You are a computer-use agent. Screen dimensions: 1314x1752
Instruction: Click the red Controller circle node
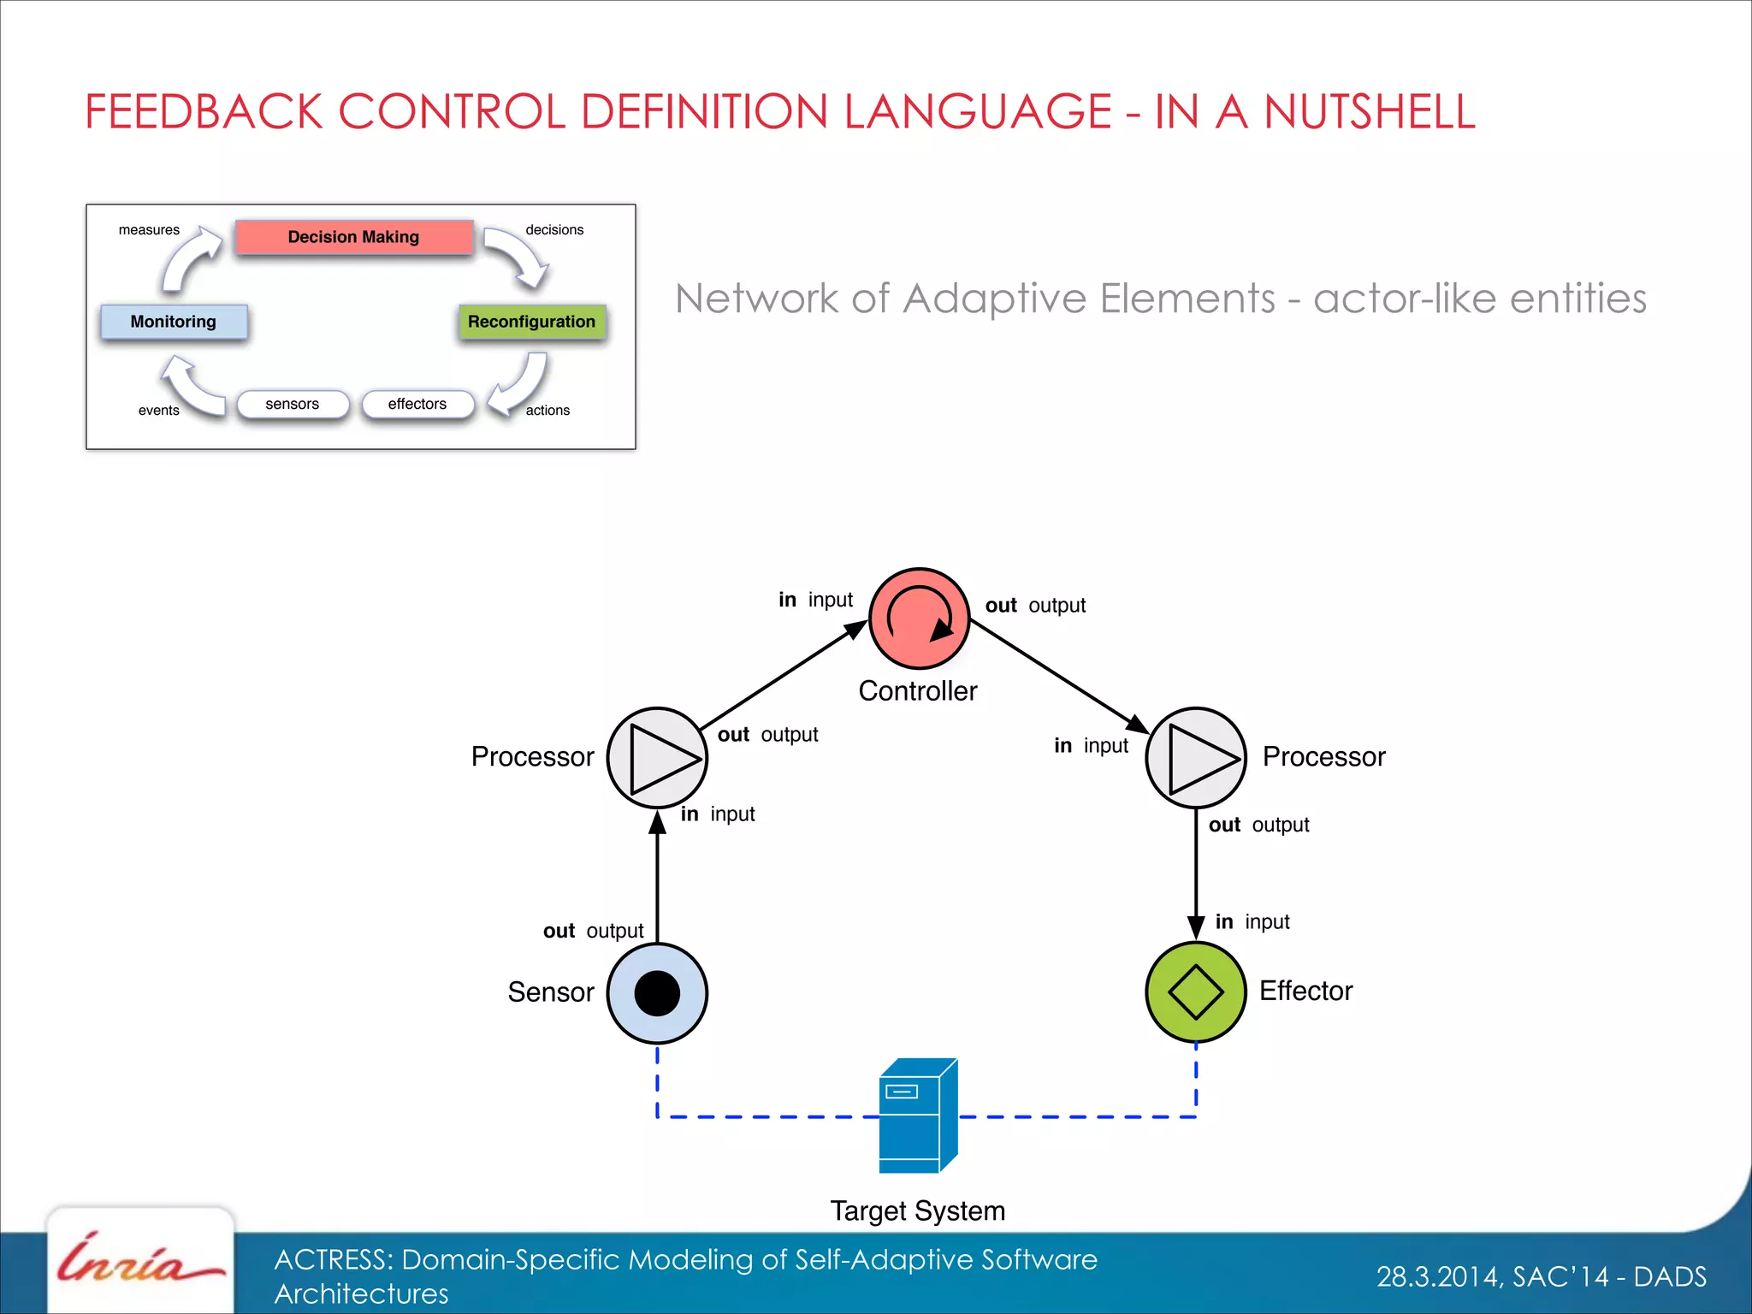[919, 618]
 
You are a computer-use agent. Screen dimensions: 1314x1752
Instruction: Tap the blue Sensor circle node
[657, 993]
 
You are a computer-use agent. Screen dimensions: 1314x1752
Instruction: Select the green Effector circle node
[1195, 992]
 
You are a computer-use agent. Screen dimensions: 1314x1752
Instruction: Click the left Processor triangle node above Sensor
[657, 758]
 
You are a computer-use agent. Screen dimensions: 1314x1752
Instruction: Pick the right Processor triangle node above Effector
[1195, 758]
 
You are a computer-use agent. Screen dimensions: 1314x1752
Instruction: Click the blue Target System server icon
[918, 1116]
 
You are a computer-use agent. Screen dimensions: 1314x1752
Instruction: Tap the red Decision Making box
[353, 237]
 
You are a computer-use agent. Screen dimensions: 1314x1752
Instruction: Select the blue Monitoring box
[174, 322]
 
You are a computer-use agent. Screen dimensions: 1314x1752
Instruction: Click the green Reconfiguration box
[531, 322]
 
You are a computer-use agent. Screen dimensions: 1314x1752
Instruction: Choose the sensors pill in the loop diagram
[293, 404]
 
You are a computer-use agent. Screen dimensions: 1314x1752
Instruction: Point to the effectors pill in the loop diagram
[417, 404]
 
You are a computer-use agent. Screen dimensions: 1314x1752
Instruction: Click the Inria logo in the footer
[139, 1261]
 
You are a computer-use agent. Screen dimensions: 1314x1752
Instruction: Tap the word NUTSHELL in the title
[1369, 112]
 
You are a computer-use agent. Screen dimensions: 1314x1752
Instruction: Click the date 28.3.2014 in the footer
[1437, 1276]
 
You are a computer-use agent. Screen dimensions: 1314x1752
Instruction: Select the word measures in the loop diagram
[149, 230]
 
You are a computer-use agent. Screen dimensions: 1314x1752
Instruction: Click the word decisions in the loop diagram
[554, 230]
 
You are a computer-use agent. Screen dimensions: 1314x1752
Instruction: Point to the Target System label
[917, 1211]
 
